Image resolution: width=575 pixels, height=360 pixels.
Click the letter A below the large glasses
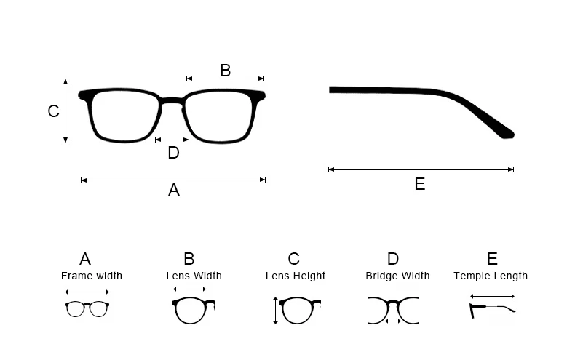pyautogui.click(x=173, y=190)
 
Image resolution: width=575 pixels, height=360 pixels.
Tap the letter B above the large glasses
pyautogui.click(x=225, y=71)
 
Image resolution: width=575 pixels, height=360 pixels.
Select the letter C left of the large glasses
pyautogui.click(x=53, y=111)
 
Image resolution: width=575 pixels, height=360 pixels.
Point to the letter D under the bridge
pyautogui.click(x=173, y=153)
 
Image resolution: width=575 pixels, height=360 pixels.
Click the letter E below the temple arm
pyautogui.click(x=420, y=184)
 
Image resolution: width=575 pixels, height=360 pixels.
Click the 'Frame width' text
pyautogui.click(x=92, y=276)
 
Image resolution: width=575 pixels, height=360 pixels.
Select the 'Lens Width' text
pyautogui.click(x=194, y=276)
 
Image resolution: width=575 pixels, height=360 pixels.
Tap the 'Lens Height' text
pyautogui.click(x=295, y=276)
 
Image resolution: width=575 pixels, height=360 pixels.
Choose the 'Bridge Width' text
pyautogui.click(x=397, y=276)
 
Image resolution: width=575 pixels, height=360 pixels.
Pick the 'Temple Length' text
pyautogui.click(x=491, y=276)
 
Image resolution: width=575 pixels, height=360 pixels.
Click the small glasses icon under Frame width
pyautogui.click(x=87, y=309)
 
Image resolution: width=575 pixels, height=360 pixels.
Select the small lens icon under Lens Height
pyautogui.click(x=296, y=311)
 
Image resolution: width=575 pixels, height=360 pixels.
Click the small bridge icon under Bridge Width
pyautogui.click(x=393, y=308)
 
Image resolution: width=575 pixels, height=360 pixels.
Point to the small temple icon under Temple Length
pyautogui.click(x=492, y=310)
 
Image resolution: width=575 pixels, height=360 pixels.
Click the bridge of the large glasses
pyautogui.click(x=172, y=101)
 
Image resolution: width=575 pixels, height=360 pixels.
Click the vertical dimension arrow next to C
pyautogui.click(x=66, y=111)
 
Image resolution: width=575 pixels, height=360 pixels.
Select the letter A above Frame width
pyautogui.click(x=85, y=259)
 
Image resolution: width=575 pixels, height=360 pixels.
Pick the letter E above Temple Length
pyautogui.click(x=492, y=259)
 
